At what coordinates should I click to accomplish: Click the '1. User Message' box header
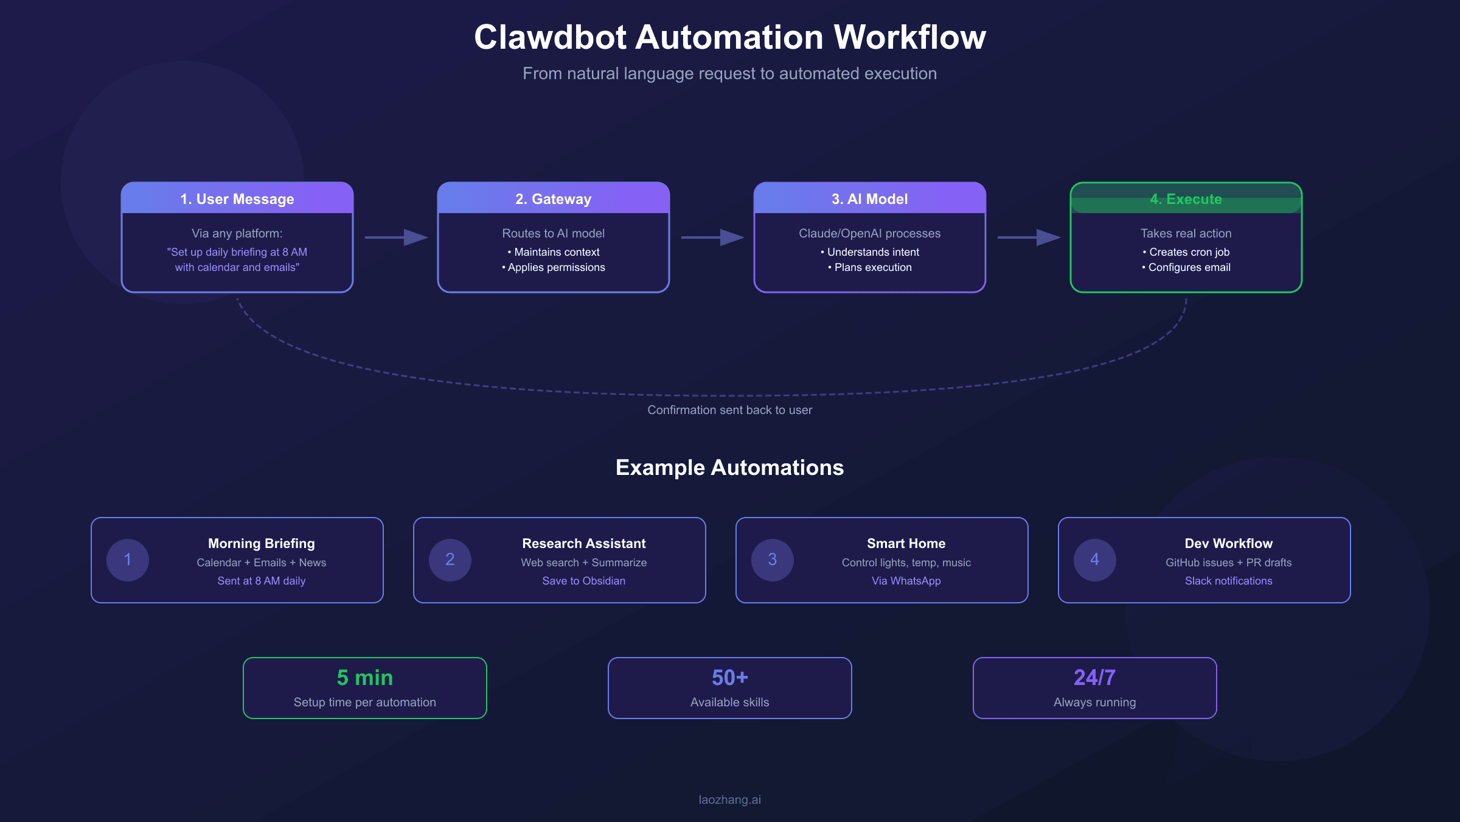(237, 199)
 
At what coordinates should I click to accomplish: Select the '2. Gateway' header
(553, 199)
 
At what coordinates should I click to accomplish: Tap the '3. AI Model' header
(869, 199)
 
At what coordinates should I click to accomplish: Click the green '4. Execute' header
(1186, 199)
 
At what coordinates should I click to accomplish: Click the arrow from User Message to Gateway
(396, 237)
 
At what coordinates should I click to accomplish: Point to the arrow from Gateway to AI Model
(712, 237)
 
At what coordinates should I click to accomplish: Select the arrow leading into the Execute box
(1029, 237)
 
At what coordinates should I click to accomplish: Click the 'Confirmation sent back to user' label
(729, 410)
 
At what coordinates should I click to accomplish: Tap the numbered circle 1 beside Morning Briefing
(128, 560)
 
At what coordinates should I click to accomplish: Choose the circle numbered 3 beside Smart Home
(773, 560)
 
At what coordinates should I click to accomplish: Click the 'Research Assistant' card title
(583, 543)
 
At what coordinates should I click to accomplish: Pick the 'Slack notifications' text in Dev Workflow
(1228, 581)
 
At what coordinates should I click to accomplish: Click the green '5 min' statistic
(365, 678)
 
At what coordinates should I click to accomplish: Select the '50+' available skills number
(729, 678)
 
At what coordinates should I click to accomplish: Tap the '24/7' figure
(1094, 678)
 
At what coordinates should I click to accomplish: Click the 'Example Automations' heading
(729, 468)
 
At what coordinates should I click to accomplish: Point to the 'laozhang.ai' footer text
(729, 799)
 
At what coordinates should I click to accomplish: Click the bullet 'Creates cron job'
(1189, 252)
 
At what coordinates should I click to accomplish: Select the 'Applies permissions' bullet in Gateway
(556, 267)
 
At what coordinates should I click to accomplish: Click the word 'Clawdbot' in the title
(550, 37)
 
